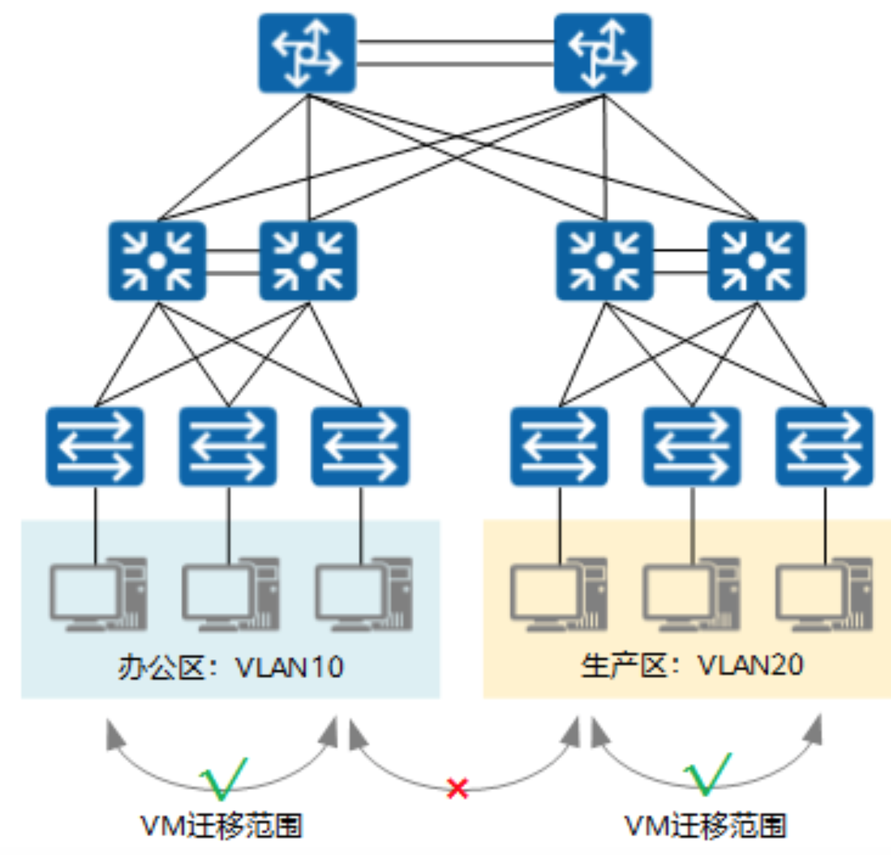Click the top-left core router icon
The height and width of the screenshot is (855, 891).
[x=307, y=53]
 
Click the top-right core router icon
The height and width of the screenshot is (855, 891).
[x=602, y=53]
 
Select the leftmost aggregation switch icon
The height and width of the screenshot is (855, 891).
[x=157, y=261]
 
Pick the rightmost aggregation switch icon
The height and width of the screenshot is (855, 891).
[x=756, y=261]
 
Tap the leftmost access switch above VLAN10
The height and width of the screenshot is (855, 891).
[x=94, y=446]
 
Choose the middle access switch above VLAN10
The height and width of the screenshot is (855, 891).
[x=227, y=446]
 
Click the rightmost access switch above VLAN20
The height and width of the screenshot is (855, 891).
[x=824, y=446]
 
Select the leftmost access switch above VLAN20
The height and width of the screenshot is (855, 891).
[x=559, y=446]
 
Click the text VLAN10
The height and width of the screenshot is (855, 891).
[x=289, y=667]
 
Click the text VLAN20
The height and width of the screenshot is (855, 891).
[x=750, y=665]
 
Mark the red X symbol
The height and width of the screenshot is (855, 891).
[x=458, y=788]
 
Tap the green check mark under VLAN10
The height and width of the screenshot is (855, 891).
[x=224, y=777]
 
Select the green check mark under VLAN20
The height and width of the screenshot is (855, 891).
[x=707, y=774]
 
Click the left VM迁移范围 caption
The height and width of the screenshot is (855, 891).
[x=221, y=826]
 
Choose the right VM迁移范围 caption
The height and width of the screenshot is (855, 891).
[x=705, y=826]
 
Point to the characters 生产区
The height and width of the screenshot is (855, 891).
[x=623, y=666]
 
